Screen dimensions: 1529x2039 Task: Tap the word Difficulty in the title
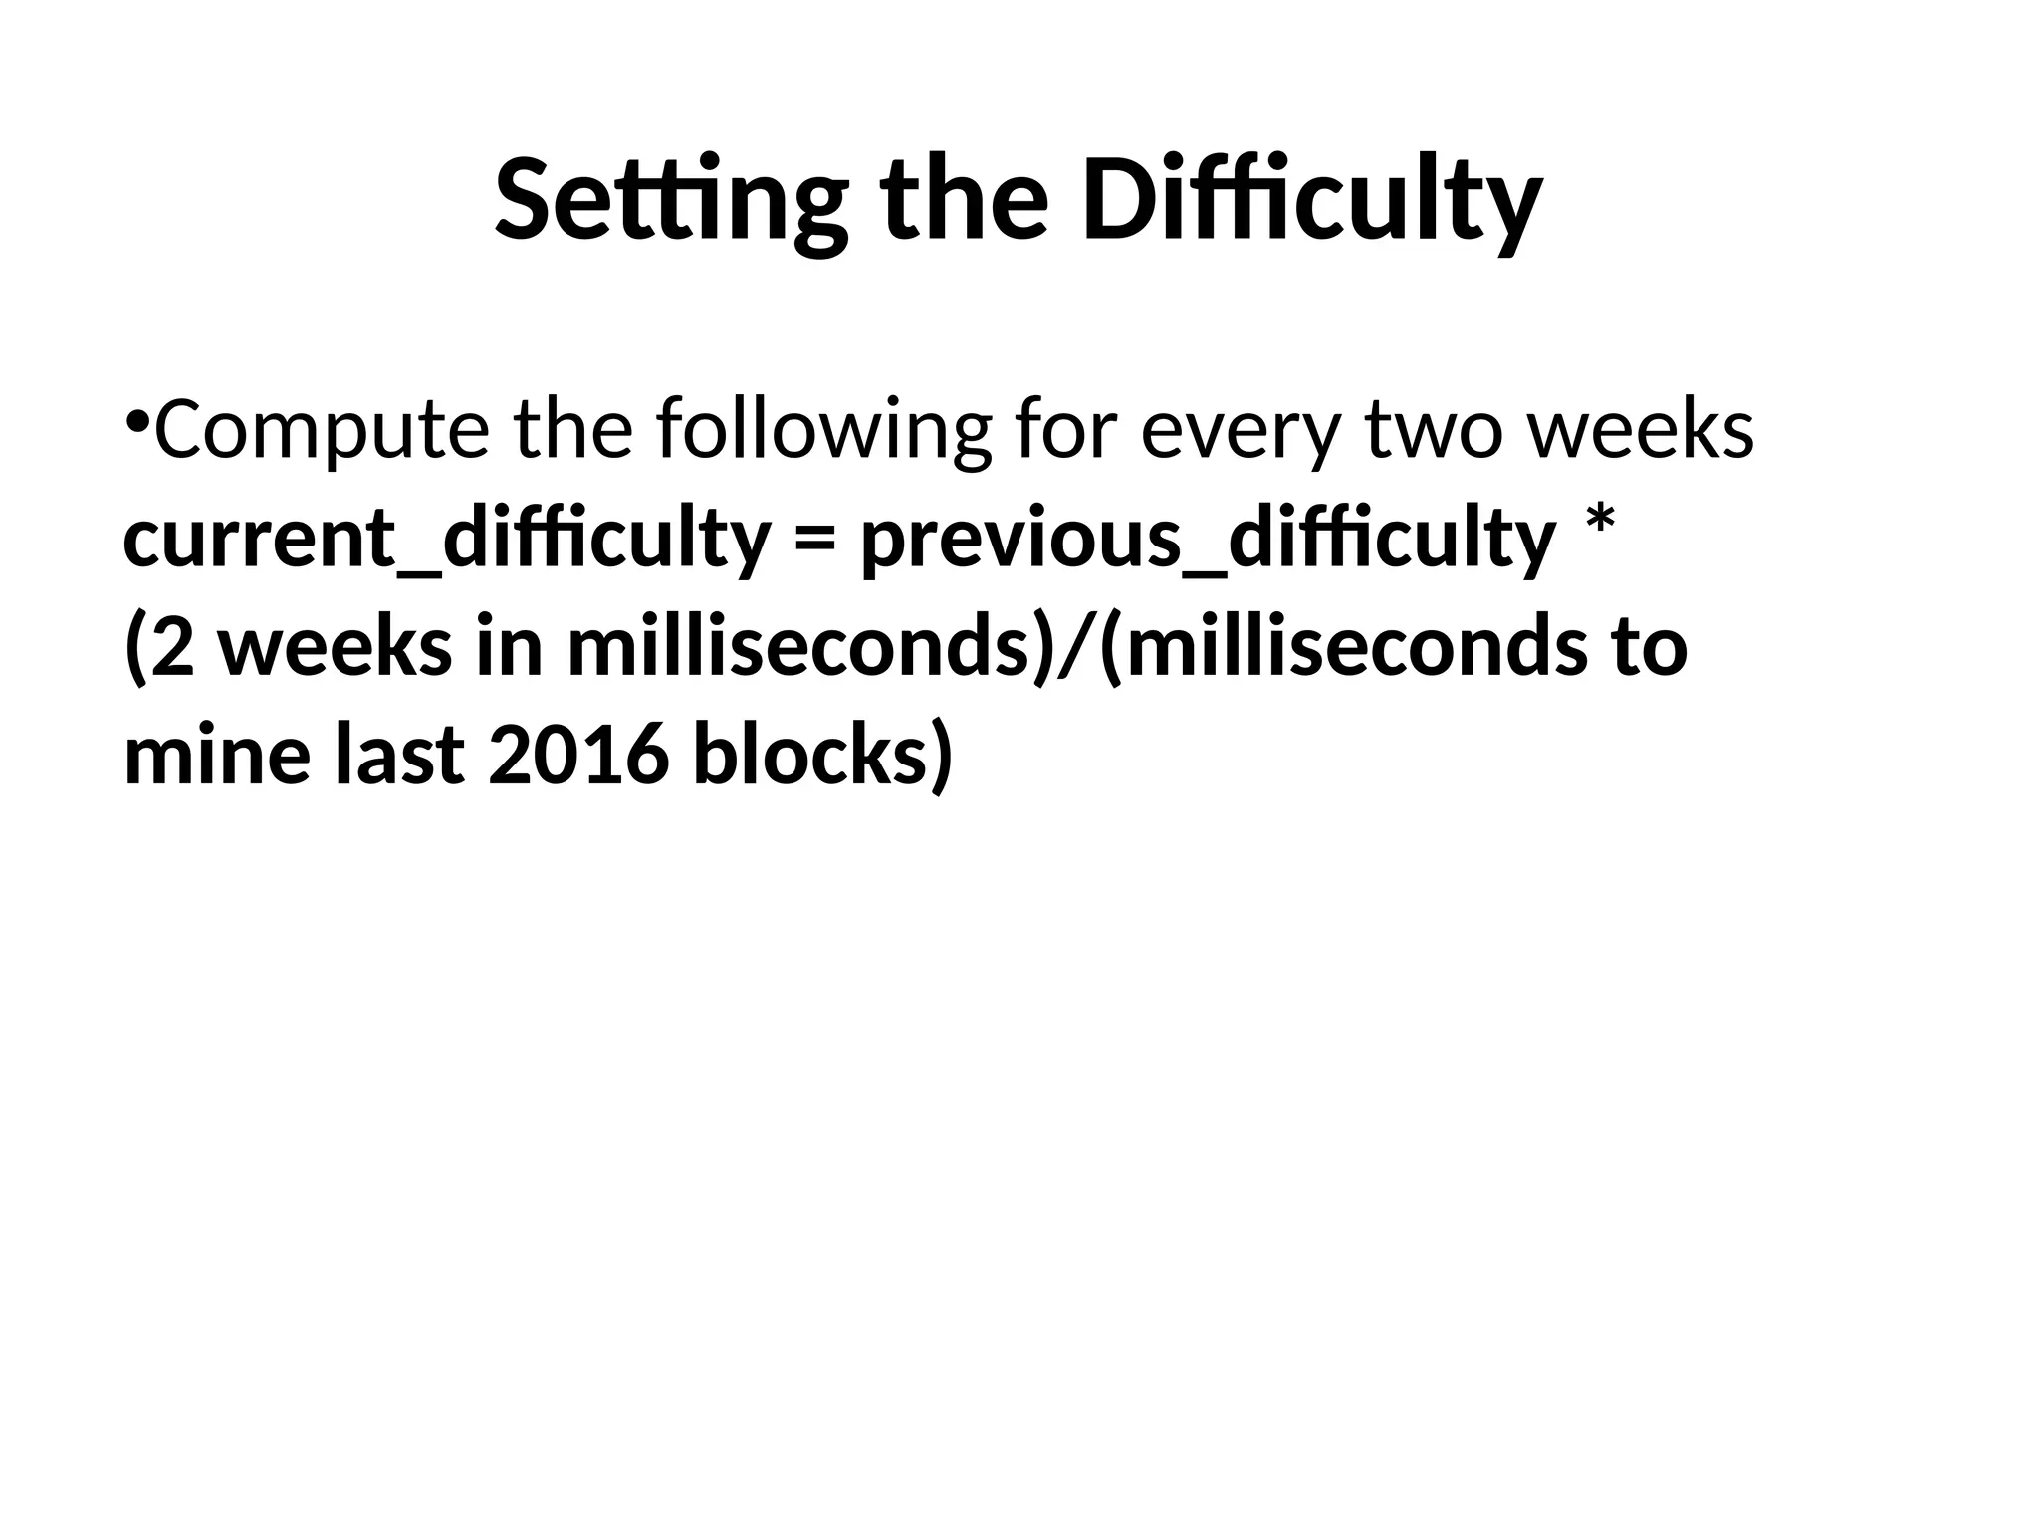(1311, 199)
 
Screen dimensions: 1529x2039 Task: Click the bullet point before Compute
(137, 418)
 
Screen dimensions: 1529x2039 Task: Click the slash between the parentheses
(1076, 649)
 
